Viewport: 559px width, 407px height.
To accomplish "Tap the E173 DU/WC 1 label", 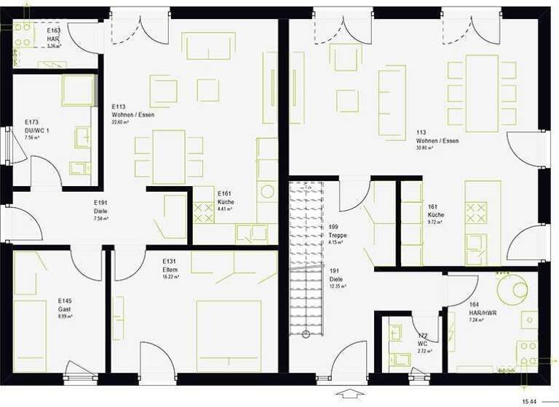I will (36, 129).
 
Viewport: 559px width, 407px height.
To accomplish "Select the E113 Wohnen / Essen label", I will (132, 115).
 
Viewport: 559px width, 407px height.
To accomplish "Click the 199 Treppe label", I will (337, 235).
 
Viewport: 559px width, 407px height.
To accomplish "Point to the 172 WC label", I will (421, 342).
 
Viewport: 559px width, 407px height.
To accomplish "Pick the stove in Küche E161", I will (202, 213).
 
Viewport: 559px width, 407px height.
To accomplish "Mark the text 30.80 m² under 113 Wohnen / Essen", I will (427, 148).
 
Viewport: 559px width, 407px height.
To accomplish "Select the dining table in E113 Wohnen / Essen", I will (169, 156).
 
